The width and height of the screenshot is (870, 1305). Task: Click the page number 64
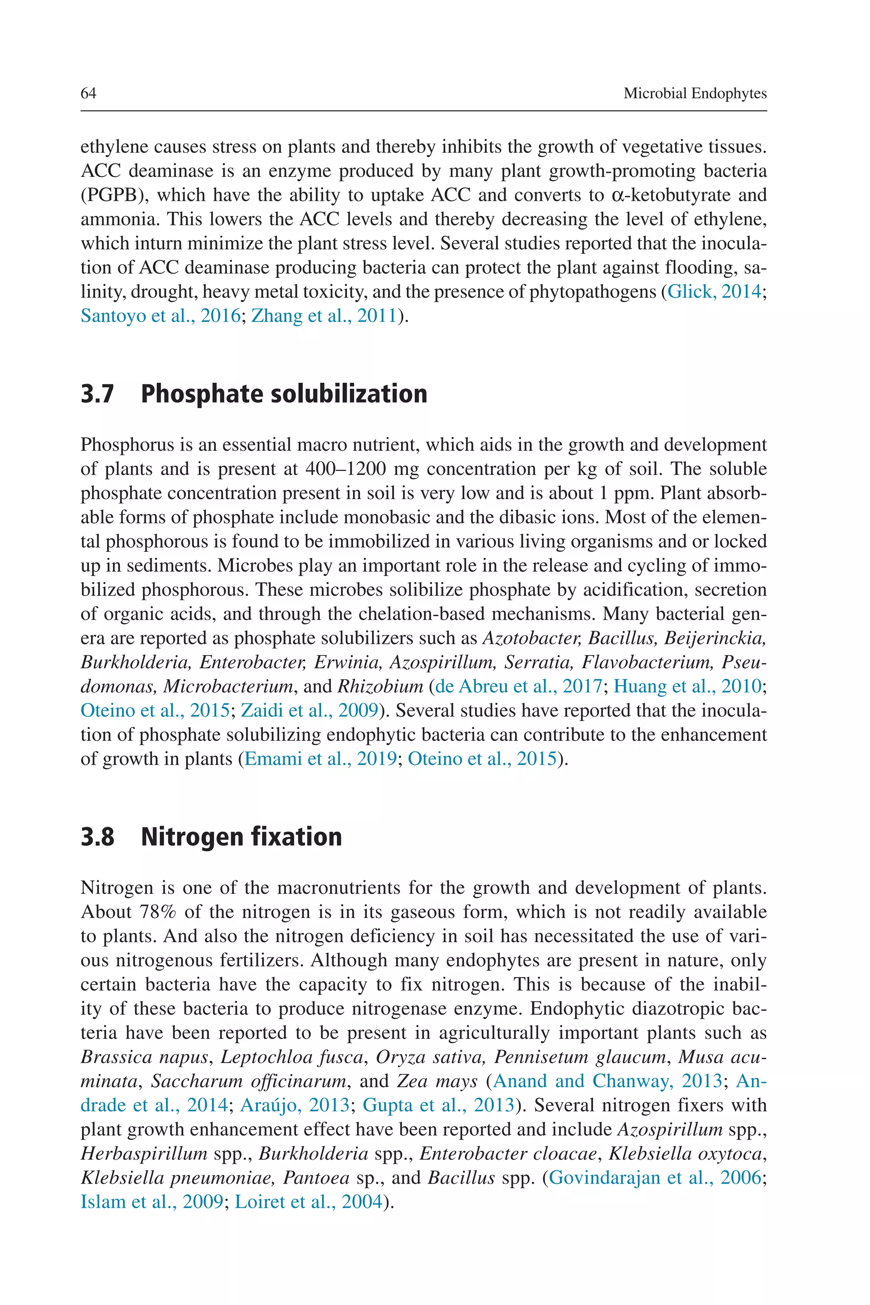89,93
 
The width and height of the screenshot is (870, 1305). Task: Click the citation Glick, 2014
714,291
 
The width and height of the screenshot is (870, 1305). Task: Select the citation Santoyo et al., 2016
160,316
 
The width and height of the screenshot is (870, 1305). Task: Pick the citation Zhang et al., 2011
324,316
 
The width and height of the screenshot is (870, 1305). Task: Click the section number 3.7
98,394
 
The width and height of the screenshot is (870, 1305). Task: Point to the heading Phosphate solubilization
284,394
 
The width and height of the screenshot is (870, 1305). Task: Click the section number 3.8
98,837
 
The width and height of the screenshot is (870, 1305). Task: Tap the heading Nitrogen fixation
241,837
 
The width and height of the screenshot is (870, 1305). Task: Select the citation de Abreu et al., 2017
518,686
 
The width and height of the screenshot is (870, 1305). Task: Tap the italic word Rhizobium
380,686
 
